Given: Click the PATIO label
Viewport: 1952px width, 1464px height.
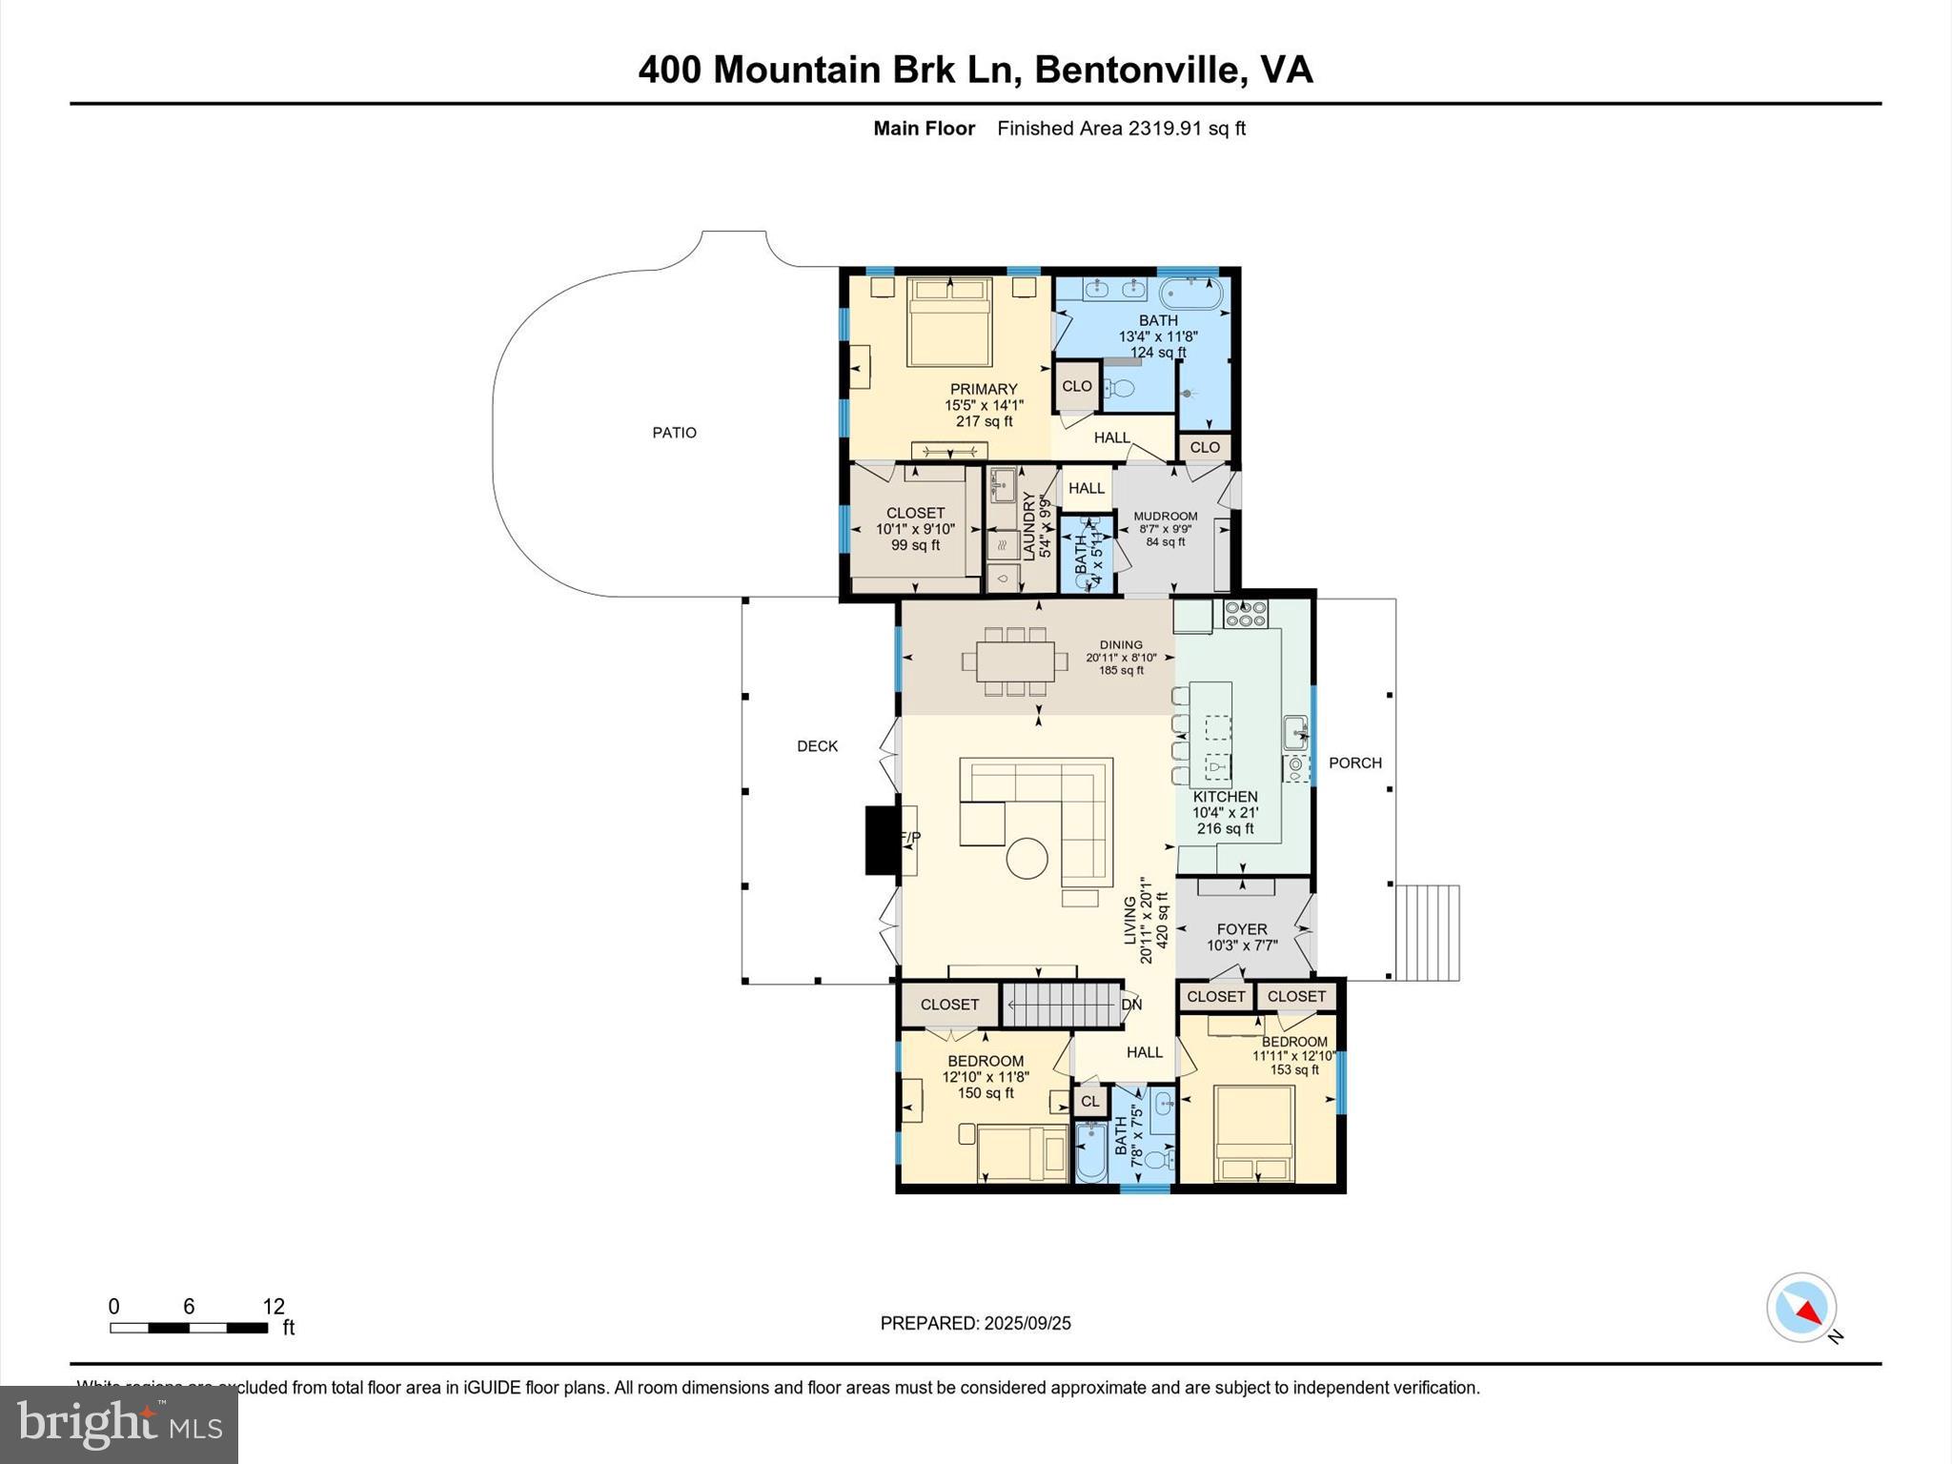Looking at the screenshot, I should pyautogui.click(x=674, y=433).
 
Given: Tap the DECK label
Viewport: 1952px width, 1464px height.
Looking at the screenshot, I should pyautogui.click(x=817, y=746).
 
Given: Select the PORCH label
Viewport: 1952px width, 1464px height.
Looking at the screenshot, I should pyautogui.click(x=1354, y=762).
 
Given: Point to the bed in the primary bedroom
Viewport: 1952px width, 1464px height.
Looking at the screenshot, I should pyautogui.click(x=949, y=322).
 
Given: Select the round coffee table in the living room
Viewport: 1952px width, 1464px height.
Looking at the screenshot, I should pyautogui.click(x=1028, y=858).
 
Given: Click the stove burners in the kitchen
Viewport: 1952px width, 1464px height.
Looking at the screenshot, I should pyautogui.click(x=1246, y=614).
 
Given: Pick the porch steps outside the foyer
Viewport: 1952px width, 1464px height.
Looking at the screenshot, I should pyautogui.click(x=1427, y=932).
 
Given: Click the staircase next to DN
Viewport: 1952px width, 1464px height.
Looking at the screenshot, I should pyautogui.click(x=1060, y=1005).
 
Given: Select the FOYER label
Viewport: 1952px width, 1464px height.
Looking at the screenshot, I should pyautogui.click(x=1242, y=929).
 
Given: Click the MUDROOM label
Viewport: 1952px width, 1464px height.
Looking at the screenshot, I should pyautogui.click(x=1165, y=517).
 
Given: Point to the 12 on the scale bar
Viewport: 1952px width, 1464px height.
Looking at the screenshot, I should pyautogui.click(x=274, y=1307).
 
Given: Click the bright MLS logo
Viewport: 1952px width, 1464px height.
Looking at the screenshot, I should pyautogui.click(x=118, y=1424).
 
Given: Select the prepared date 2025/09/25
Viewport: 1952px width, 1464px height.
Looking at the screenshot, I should pyautogui.click(x=1027, y=1323).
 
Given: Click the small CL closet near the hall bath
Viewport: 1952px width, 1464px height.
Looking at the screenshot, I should pyautogui.click(x=1089, y=1101).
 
